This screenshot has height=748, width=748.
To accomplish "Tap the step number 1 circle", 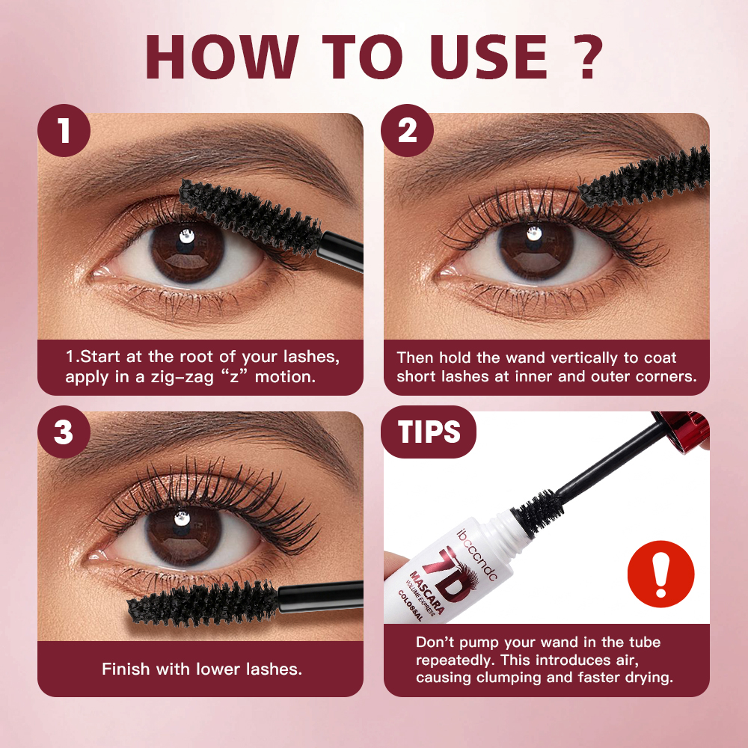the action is click(x=64, y=130).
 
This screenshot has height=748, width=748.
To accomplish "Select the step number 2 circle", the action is click(x=407, y=130).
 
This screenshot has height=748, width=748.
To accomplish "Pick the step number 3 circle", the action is click(x=64, y=432).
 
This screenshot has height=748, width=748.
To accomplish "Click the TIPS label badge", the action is click(x=429, y=432).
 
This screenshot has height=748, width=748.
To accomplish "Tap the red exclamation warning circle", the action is click(x=660, y=574).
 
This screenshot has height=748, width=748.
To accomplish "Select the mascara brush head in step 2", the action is click(x=645, y=177).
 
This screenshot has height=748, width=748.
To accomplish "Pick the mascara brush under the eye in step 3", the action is click(x=203, y=602).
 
